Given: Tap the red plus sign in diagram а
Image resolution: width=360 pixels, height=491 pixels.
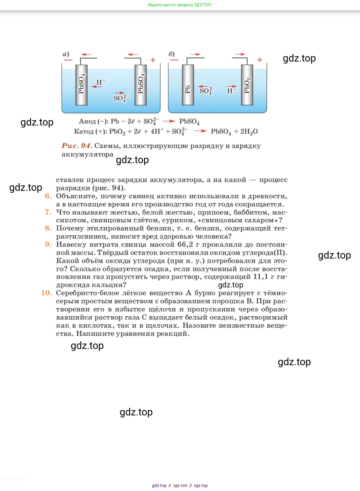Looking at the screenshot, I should pyautogui.click(x=153, y=60).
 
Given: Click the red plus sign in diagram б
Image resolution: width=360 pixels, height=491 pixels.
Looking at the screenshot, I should pyautogui.click(x=260, y=60).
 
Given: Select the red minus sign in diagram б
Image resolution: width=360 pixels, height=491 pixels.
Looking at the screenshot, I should pyautogui.click(x=174, y=60).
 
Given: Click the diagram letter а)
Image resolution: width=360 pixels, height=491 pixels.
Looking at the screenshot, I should pyautogui.click(x=66, y=54).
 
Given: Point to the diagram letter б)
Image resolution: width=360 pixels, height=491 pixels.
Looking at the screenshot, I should pyautogui.click(x=172, y=54).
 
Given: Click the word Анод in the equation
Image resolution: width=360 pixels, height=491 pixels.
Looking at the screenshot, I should pyautogui.click(x=87, y=121).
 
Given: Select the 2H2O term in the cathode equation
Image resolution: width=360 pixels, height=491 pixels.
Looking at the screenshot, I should pyautogui.click(x=249, y=131).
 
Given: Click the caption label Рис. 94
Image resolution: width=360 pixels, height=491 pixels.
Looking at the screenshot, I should pyautogui.click(x=77, y=146).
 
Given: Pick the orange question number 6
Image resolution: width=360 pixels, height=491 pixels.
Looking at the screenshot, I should pyautogui.click(x=48, y=196).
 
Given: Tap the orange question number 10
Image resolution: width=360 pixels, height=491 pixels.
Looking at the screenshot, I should pyautogui.click(x=46, y=293).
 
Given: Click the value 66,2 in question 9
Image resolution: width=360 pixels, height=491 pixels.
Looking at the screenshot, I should pyautogui.click(x=185, y=244).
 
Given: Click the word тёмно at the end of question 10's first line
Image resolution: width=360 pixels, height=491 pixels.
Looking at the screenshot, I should pyautogui.click(x=275, y=293).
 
